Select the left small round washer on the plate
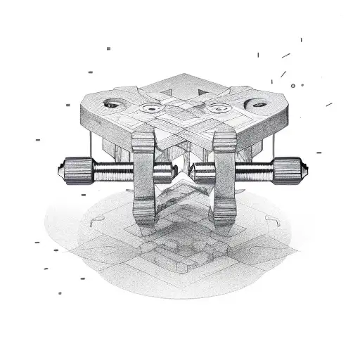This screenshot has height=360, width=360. [150, 109]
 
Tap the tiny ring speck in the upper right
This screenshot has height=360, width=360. [302, 85]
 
